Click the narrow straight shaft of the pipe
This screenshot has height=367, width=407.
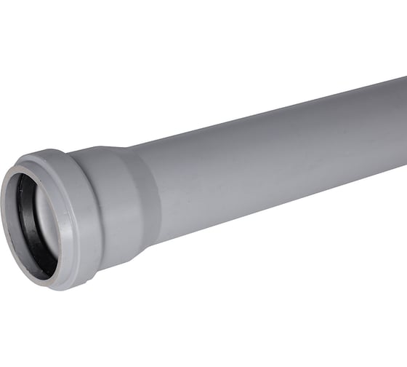click(276, 160)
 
